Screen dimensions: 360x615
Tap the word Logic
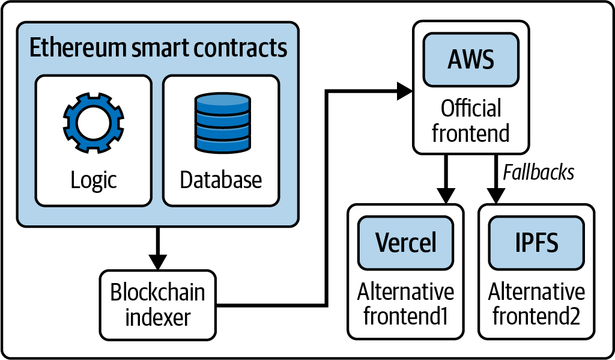point(93,180)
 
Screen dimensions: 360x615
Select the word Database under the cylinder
point(221,180)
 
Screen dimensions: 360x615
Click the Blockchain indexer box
point(157,304)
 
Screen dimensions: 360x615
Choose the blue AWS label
point(470,60)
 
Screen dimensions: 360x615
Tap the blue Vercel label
point(405,242)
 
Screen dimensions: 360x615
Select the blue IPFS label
point(536,242)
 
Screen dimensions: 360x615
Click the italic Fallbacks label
point(538,172)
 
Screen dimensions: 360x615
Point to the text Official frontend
point(470,121)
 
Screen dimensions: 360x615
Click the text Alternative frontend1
point(405,304)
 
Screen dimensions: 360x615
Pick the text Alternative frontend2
point(536,304)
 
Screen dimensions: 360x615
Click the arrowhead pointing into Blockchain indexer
point(157,262)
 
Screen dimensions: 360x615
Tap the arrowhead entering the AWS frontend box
point(404,92)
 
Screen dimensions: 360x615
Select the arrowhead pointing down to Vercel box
point(445,196)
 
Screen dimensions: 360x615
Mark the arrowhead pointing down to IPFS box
point(496,196)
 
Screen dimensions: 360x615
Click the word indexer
point(157,316)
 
